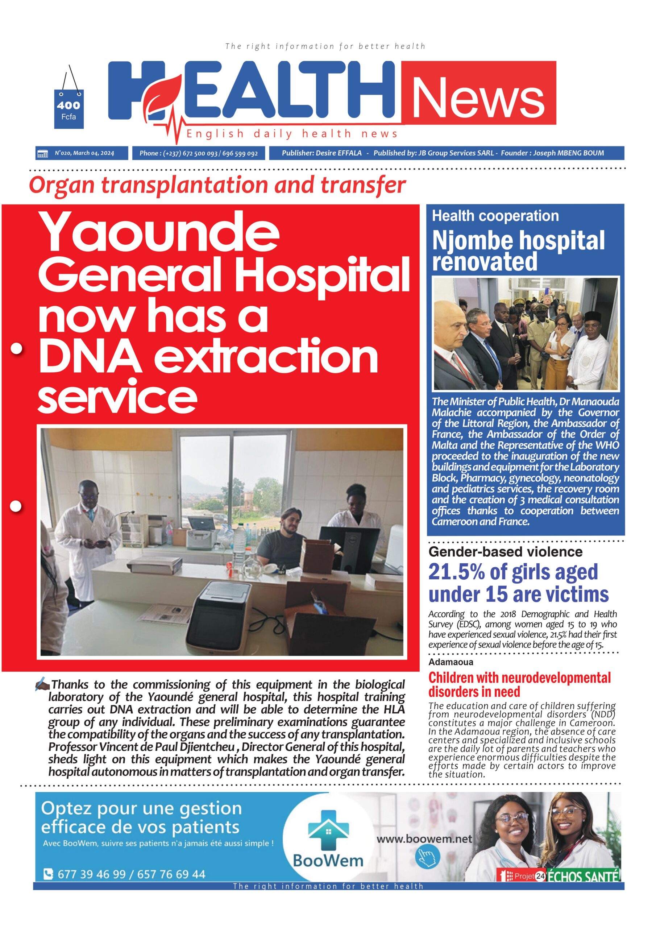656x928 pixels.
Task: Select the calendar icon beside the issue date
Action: coord(42,154)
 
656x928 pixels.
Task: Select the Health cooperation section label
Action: coord(495,216)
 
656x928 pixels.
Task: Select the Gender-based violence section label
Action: coord(505,552)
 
